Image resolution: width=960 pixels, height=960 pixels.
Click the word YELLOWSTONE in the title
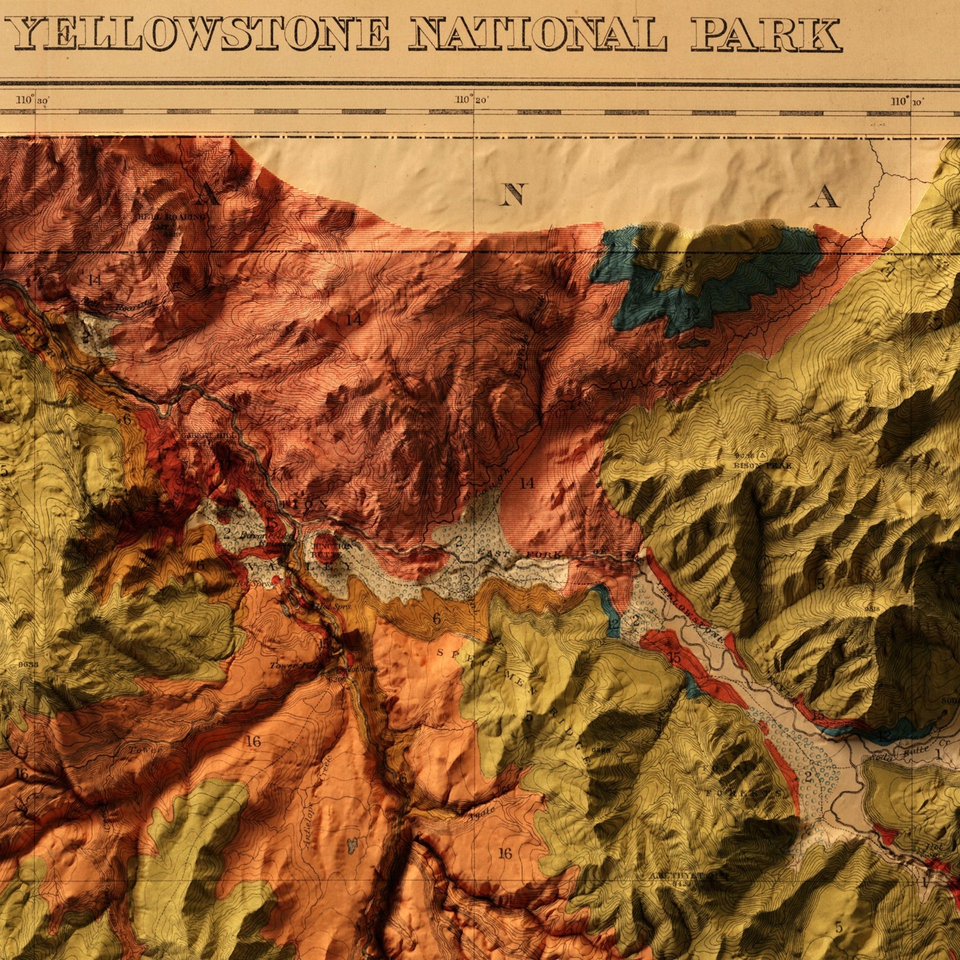tap(200, 33)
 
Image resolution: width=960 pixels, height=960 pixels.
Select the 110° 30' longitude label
tap(33, 100)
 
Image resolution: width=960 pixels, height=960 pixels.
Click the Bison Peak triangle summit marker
tap(761, 455)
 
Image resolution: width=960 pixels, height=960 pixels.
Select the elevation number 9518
tap(873, 609)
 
